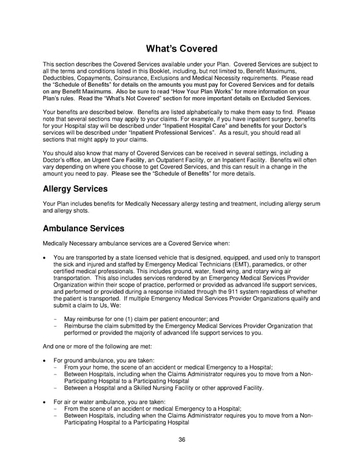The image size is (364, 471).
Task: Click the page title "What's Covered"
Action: [x=181, y=49]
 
